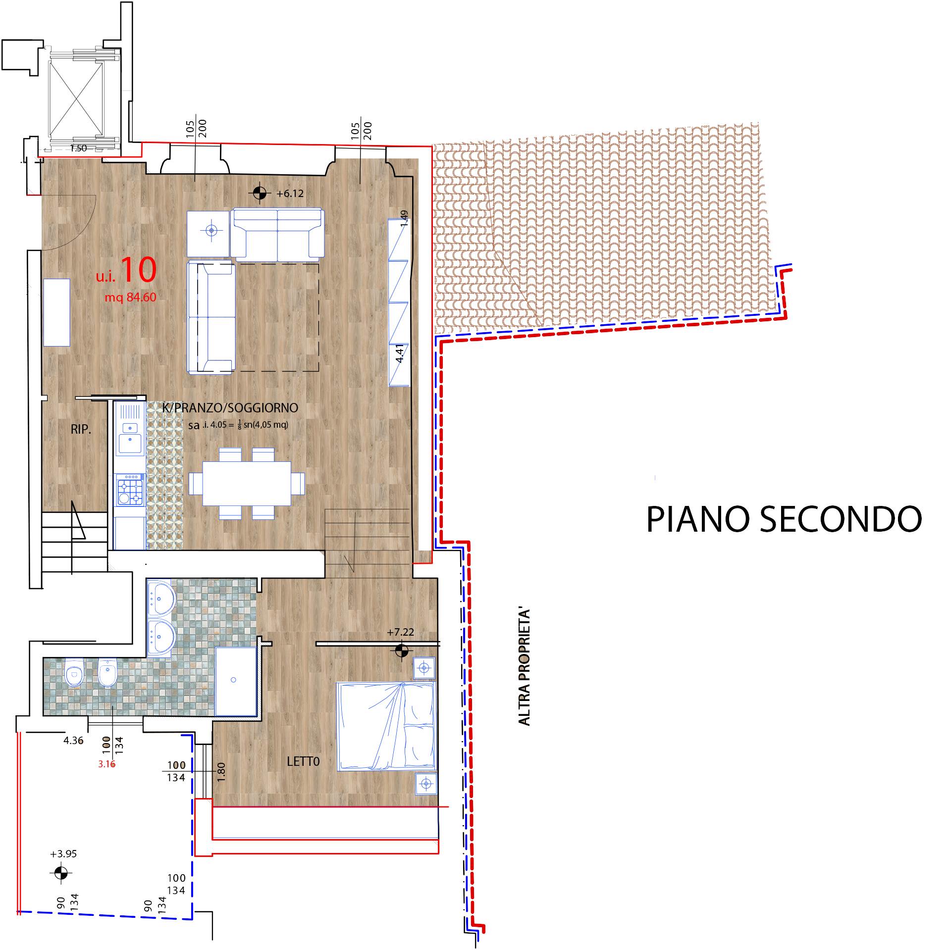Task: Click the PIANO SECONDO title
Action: [x=784, y=519]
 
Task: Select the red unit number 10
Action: [x=138, y=270]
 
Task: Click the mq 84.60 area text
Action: [x=130, y=297]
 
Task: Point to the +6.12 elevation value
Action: [x=290, y=194]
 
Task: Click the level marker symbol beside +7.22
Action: [x=402, y=650]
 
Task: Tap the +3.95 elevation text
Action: [x=63, y=854]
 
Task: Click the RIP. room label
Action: [x=81, y=429]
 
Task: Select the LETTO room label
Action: [x=303, y=761]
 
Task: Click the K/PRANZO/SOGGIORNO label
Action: [x=230, y=407]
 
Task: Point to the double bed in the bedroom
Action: [x=386, y=726]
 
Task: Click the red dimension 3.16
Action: [x=106, y=764]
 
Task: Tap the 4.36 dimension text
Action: [x=73, y=741]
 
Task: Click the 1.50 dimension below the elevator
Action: [x=78, y=148]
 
